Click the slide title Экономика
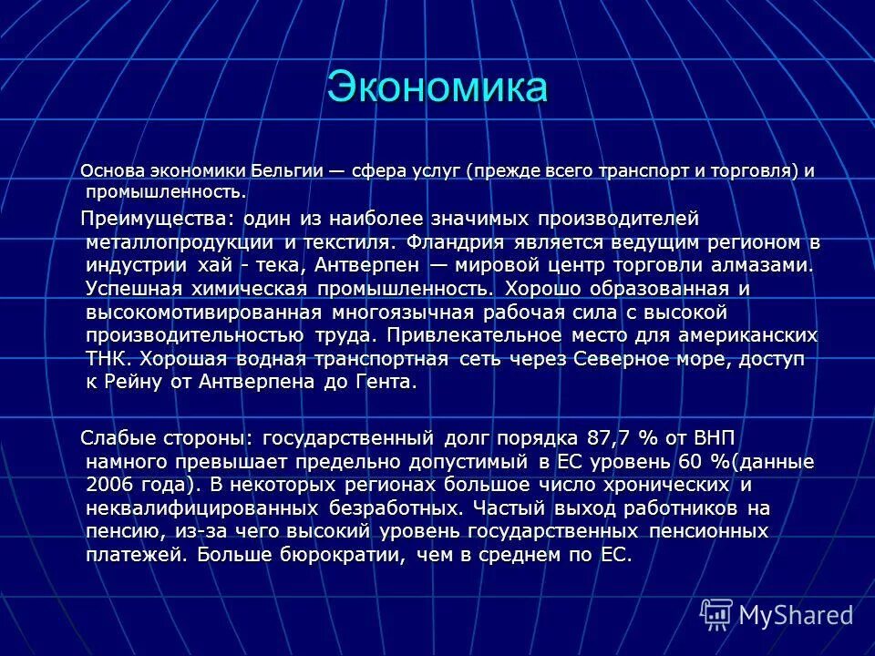(437, 87)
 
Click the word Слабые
(118, 438)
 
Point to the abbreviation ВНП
(718, 438)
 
